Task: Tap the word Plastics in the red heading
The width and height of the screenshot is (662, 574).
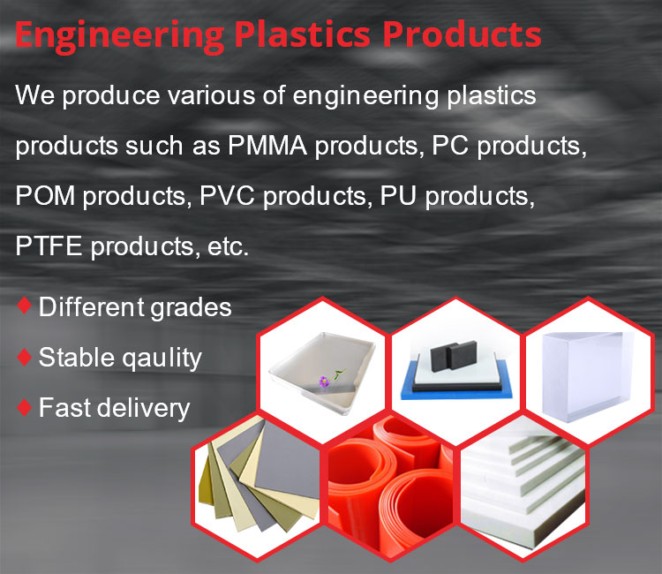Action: [302, 34]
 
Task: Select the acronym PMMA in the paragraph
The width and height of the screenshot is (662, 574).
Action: [267, 146]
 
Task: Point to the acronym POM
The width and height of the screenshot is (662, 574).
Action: [45, 196]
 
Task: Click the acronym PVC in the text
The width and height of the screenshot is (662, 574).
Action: [227, 196]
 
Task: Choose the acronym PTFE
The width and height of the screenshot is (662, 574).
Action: [49, 246]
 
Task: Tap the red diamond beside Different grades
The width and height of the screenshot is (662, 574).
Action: [25, 306]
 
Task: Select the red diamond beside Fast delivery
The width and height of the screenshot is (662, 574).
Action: [25, 407]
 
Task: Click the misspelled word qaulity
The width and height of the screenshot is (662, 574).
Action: [162, 359]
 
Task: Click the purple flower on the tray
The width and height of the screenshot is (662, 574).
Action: [324, 381]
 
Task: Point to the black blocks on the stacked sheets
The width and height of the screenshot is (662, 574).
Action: [454, 356]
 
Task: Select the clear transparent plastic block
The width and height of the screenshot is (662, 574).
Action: [587, 375]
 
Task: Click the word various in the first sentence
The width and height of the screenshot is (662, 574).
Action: [211, 95]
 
